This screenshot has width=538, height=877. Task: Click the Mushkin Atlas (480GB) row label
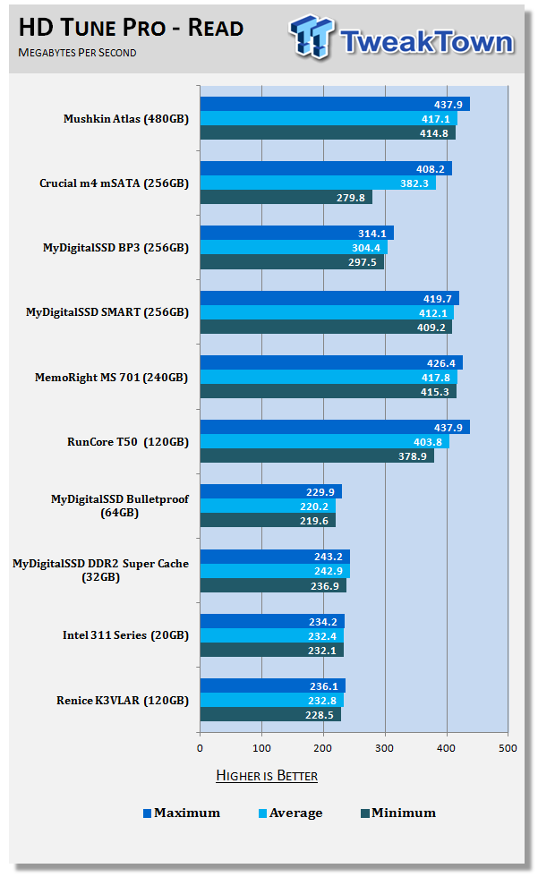126,119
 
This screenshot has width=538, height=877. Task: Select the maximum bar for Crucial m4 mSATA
326,168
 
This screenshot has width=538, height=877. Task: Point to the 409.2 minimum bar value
433,327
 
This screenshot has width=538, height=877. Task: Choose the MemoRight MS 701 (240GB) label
126,377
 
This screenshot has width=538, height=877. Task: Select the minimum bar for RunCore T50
317,456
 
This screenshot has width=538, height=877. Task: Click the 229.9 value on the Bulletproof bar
323,491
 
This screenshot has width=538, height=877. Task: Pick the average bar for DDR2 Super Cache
274,571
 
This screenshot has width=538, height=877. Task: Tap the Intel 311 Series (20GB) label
126,634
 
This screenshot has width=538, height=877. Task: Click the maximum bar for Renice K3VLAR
272,685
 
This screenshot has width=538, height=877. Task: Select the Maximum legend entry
182,813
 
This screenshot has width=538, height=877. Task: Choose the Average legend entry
290,813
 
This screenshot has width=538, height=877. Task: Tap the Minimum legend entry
398,813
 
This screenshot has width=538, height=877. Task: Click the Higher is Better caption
267,775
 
